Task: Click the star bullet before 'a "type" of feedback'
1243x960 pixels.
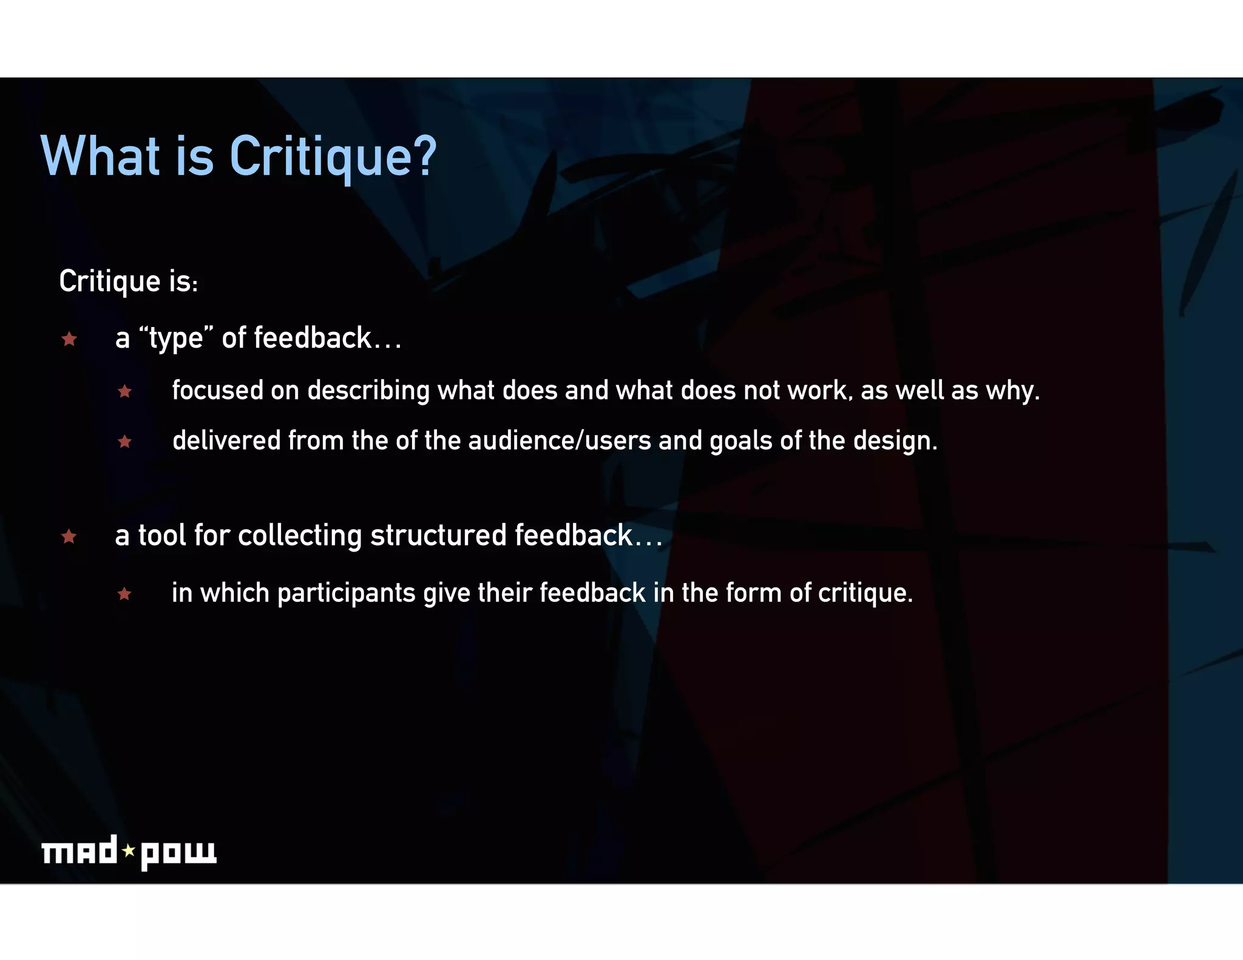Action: [69, 339]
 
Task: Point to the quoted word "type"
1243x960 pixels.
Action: [176, 337]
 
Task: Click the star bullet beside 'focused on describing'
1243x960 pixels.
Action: [125, 391]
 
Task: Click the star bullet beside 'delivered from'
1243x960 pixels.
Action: [125, 441]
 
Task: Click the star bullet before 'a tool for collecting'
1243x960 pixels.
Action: [69, 536]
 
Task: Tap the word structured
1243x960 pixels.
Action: [438, 535]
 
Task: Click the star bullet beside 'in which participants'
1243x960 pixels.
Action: [125, 593]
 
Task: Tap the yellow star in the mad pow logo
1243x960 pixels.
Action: [129, 851]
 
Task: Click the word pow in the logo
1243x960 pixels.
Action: [178, 854]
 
